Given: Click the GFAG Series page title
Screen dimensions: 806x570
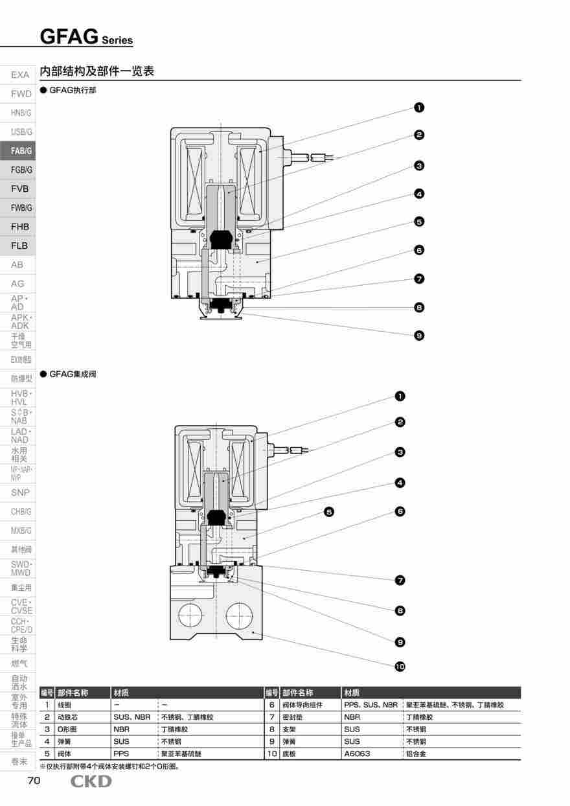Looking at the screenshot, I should (x=86, y=37).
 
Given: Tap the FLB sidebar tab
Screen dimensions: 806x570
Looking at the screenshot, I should (x=19, y=246).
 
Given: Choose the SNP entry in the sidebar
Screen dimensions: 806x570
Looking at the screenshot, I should (x=19, y=492).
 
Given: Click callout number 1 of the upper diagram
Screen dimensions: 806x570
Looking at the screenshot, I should (x=419, y=108).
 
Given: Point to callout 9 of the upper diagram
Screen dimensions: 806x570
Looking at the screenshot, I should (x=419, y=336).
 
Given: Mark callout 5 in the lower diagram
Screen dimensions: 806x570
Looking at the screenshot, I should (x=329, y=512).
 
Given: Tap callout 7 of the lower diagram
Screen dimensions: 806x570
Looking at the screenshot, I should (x=400, y=580).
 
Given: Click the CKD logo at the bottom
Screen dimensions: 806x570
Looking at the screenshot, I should (x=91, y=781).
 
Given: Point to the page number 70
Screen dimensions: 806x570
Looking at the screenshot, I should (x=34, y=781).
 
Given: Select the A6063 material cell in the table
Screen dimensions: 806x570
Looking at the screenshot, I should (x=358, y=754).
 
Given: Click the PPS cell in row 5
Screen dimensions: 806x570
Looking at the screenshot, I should (x=121, y=754).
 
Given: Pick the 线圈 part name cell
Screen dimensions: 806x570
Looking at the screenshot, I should (x=64, y=704).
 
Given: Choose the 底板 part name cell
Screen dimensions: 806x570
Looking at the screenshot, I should (x=290, y=754).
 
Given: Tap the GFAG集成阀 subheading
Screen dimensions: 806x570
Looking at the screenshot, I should (x=73, y=374).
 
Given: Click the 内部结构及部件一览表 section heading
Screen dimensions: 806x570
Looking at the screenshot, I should (x=97, y=71).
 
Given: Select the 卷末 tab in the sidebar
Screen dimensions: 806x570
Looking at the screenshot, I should (x=19, y=762).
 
